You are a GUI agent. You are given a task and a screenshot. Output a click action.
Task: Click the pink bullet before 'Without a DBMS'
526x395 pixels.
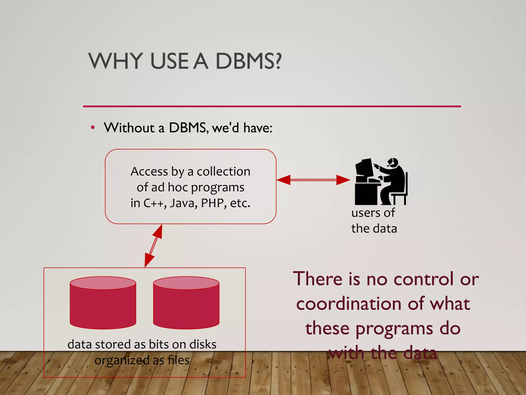tap(93, 127)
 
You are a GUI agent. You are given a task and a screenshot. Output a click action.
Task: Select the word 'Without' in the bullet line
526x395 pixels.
tap(129, 128)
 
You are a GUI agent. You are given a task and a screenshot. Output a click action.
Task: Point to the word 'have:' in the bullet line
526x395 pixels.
tap(258, 128)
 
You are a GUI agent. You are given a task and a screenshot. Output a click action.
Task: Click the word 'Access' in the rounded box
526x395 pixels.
tap(149, 172)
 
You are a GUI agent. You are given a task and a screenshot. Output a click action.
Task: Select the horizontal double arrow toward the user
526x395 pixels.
tap(313, 180)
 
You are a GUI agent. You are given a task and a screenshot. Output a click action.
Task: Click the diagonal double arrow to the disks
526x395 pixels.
tap(153, 246)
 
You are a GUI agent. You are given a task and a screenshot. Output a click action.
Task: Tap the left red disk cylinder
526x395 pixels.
tap(103, 303)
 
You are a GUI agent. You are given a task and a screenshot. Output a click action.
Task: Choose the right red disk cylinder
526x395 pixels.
tap(186, 303)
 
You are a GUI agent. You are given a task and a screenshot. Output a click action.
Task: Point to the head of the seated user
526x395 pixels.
tap(393, 163)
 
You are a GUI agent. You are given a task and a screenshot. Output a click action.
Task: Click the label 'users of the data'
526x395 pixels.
tap(374, 221)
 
